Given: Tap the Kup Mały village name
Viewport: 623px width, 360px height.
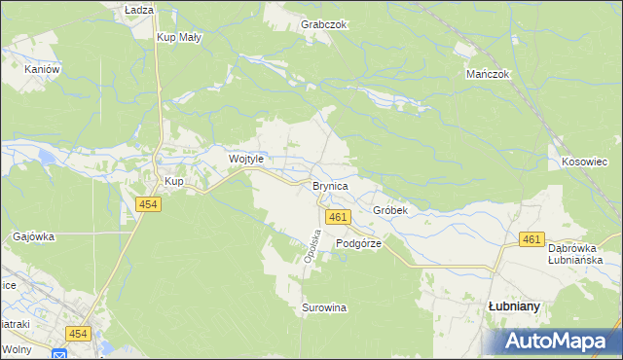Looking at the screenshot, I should [x=179, y=37].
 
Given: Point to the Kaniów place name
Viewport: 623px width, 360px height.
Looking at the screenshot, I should [x=43, y=70].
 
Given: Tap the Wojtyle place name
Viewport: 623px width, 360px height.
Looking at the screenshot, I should [x=246, y=159].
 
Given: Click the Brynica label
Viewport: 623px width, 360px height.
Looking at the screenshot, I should [x=330, y=185].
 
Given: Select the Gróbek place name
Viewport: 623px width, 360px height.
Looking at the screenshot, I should [x=389, y=210].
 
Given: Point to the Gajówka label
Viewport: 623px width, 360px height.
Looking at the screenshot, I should [x=34, y=236].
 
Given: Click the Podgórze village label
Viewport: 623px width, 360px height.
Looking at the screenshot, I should [x=358, y=244].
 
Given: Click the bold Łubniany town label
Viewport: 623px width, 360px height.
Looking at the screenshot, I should [x=514, y=306].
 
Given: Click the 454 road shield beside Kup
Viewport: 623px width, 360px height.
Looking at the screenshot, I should [x=148, y=204].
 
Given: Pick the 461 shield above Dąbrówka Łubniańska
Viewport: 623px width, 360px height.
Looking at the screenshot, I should [x=531, y=239].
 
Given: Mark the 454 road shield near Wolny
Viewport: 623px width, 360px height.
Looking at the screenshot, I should [x=79, y=334].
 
